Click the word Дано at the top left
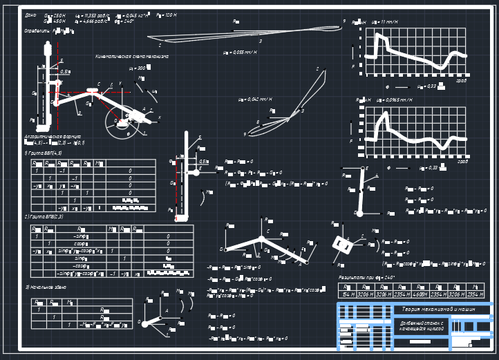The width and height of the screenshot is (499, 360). pos(30,15)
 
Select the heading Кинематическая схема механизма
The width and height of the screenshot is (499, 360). pos(132,56)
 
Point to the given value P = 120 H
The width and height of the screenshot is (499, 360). pos(166,15)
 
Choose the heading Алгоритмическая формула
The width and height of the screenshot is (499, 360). pos(53,137)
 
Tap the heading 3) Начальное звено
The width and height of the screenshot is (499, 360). pos(46,287)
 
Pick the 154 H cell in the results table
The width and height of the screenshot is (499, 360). pos(347,294)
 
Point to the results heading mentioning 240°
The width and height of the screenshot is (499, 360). pos(366,277)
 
